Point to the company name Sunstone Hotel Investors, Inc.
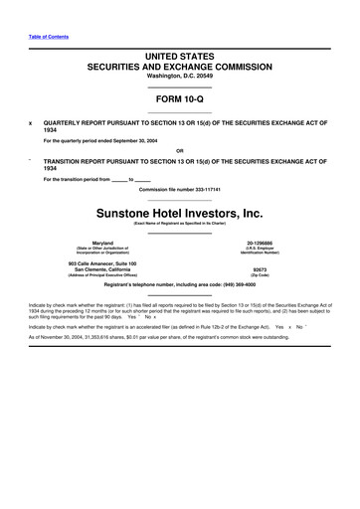[179, 213]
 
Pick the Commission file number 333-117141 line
[179, 188]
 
